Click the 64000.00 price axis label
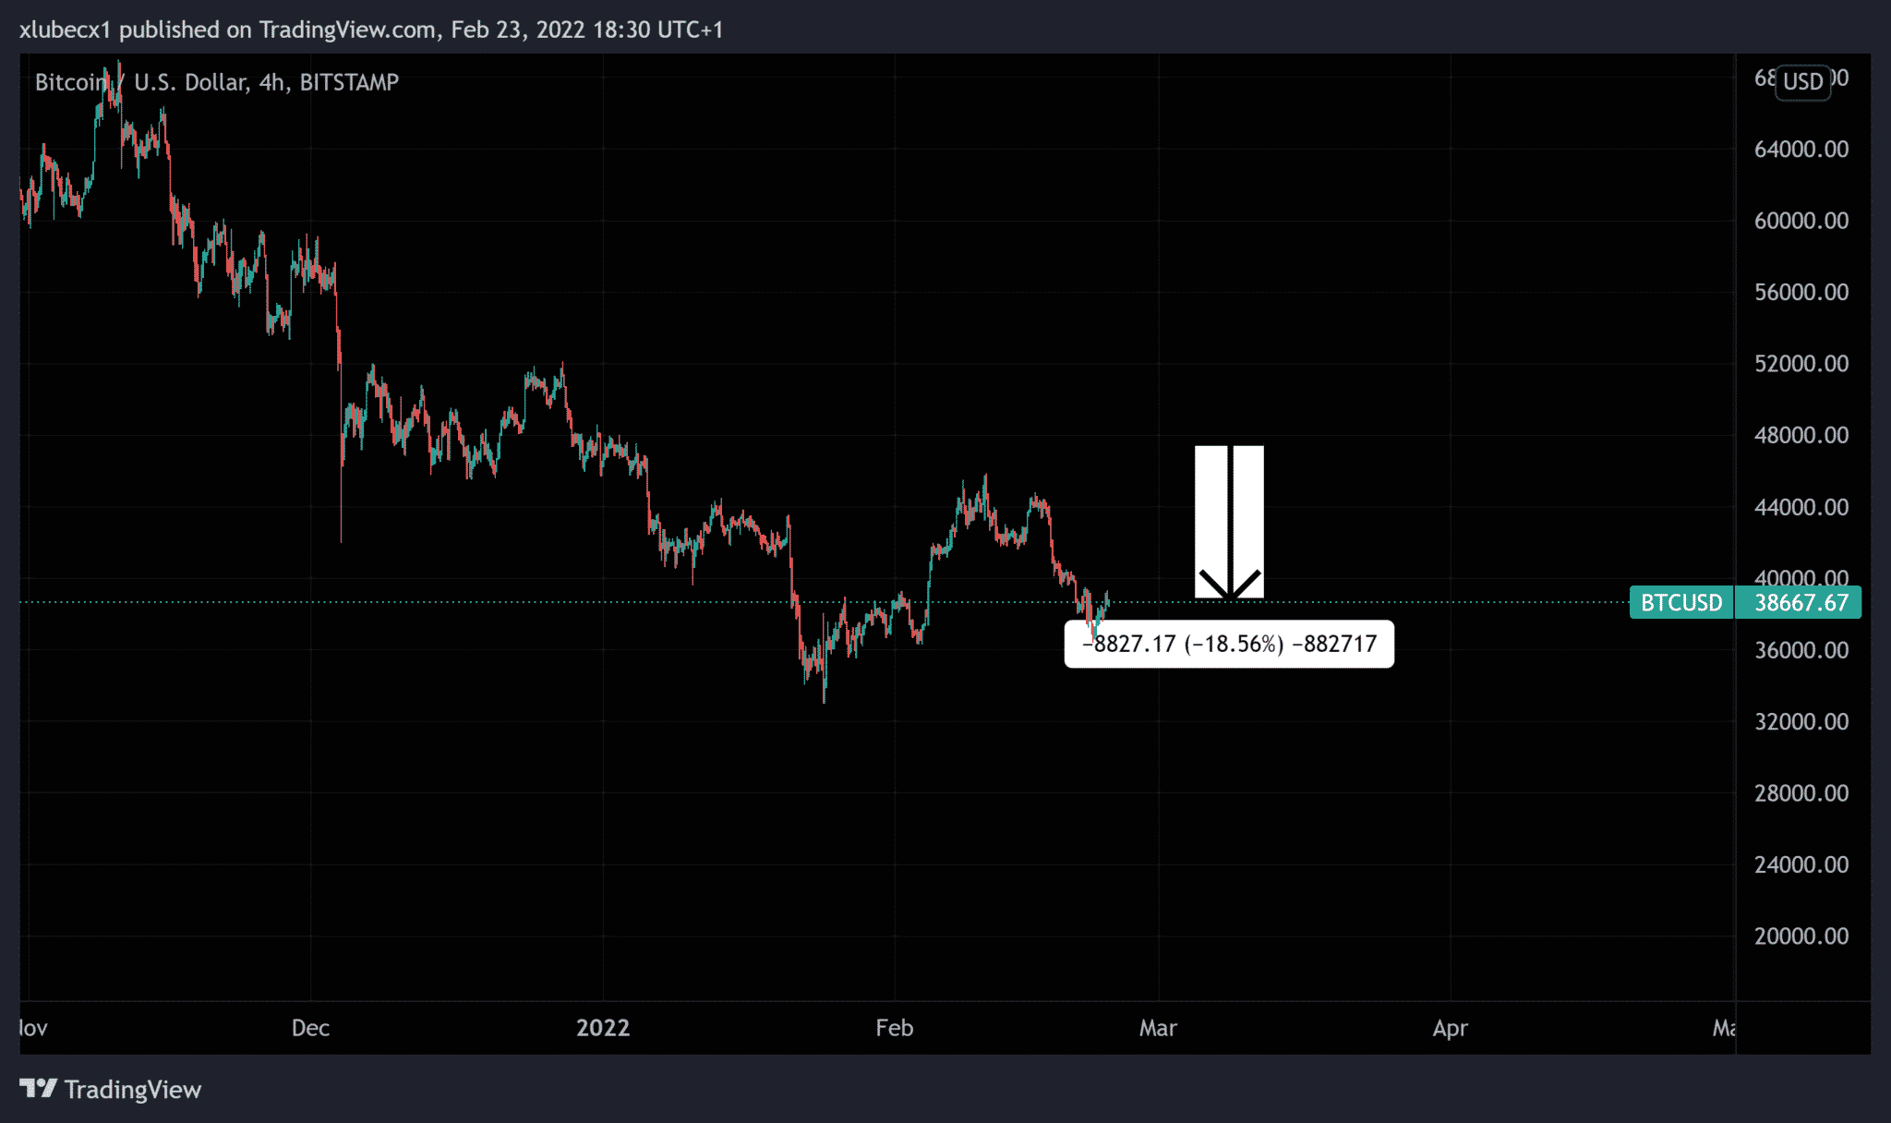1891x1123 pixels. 1801,150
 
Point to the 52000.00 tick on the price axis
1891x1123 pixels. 1801,364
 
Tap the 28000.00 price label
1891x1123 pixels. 1801,793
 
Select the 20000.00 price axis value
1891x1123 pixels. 1801,936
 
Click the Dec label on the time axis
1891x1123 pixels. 310,1028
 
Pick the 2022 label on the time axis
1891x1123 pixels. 603,1028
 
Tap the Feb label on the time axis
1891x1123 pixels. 895,1028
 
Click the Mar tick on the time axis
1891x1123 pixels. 1158,1028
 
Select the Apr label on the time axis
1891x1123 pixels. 1450,1028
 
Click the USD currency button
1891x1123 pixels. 1802,82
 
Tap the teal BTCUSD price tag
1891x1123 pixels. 1681,603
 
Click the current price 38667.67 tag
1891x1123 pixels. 1801,603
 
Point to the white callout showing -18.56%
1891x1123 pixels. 1229,644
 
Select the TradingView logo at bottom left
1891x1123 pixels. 111,1090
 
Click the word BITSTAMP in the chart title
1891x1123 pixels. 349,82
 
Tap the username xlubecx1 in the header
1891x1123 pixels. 65,30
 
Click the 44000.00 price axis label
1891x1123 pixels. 1801,507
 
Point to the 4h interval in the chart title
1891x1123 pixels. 271,82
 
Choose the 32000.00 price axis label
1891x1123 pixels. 1801,722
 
